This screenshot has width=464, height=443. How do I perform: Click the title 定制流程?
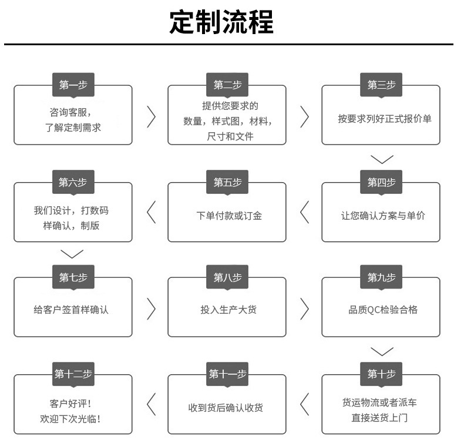tap(221, 24)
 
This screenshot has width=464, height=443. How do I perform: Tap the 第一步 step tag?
tap(73, 85)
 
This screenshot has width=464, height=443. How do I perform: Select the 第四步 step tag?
tap(381, 182)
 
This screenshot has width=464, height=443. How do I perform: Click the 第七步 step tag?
tap(73, 278)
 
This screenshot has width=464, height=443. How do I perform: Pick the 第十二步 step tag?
tap(73, 374)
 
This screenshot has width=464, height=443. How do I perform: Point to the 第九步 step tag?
tap(381, 278)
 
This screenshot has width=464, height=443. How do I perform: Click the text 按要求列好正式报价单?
tap(384, 119)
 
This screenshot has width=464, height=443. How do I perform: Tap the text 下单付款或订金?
tap(229, 216)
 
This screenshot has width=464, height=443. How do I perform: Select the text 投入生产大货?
tap(228, 310)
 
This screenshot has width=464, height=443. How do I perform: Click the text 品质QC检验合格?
tap(383, 310)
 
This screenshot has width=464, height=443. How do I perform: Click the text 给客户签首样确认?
tap(71, 310)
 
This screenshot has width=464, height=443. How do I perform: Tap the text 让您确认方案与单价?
tap(383, 216)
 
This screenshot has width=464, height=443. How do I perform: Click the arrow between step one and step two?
tap(151, 116)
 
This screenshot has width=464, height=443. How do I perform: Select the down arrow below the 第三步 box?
tap(382, 159)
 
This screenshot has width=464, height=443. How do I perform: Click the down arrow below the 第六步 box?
tap(72, 254)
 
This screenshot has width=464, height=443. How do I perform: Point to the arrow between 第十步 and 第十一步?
tap(304, 405)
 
